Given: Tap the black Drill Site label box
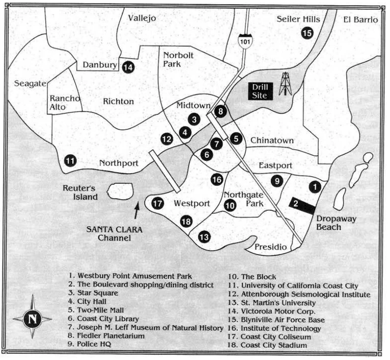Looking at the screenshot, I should tap(260, 90).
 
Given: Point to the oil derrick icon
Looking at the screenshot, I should tap(285, 84).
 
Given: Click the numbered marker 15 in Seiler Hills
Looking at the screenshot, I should tap(307, 34).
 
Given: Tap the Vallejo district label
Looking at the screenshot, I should tap(142, 18).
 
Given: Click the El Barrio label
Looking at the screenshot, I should tap(360, 20).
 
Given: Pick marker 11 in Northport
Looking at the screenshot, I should tap(70, 161).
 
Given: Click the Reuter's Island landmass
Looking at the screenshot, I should tap(120, 191).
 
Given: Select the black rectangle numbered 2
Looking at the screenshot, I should tap(302, 204).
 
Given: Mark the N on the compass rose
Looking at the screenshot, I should tap(32, 319).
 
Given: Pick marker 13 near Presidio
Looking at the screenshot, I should tap(204, 237).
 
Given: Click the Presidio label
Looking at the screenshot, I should tap(270, 247).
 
